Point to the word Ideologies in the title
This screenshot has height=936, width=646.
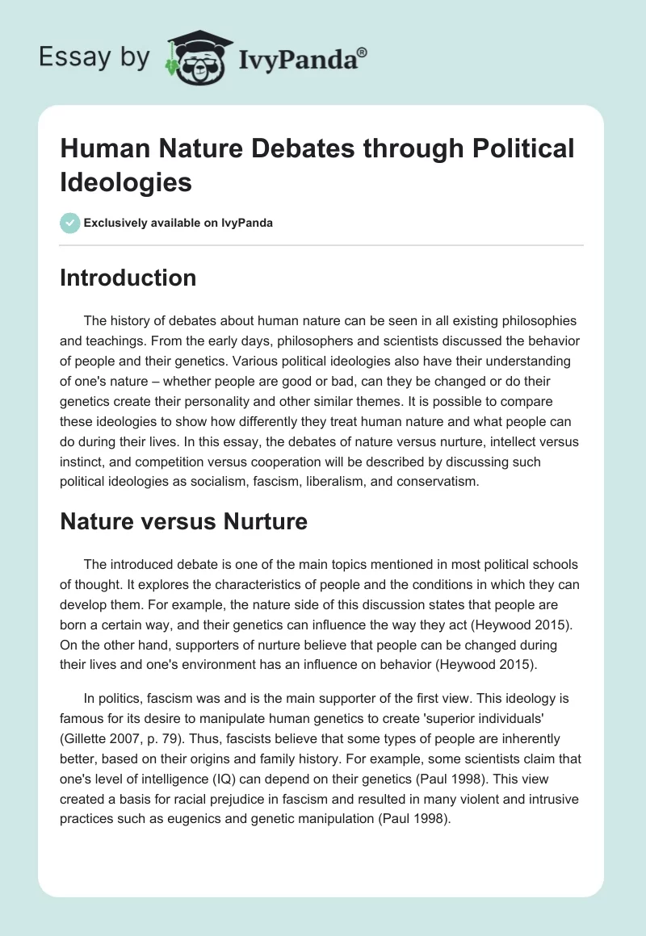coord(126,182)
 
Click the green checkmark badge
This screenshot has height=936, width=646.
coord(70,223)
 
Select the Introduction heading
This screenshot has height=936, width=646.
coord(128,278)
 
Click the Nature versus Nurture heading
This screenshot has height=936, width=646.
coord(183,521)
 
